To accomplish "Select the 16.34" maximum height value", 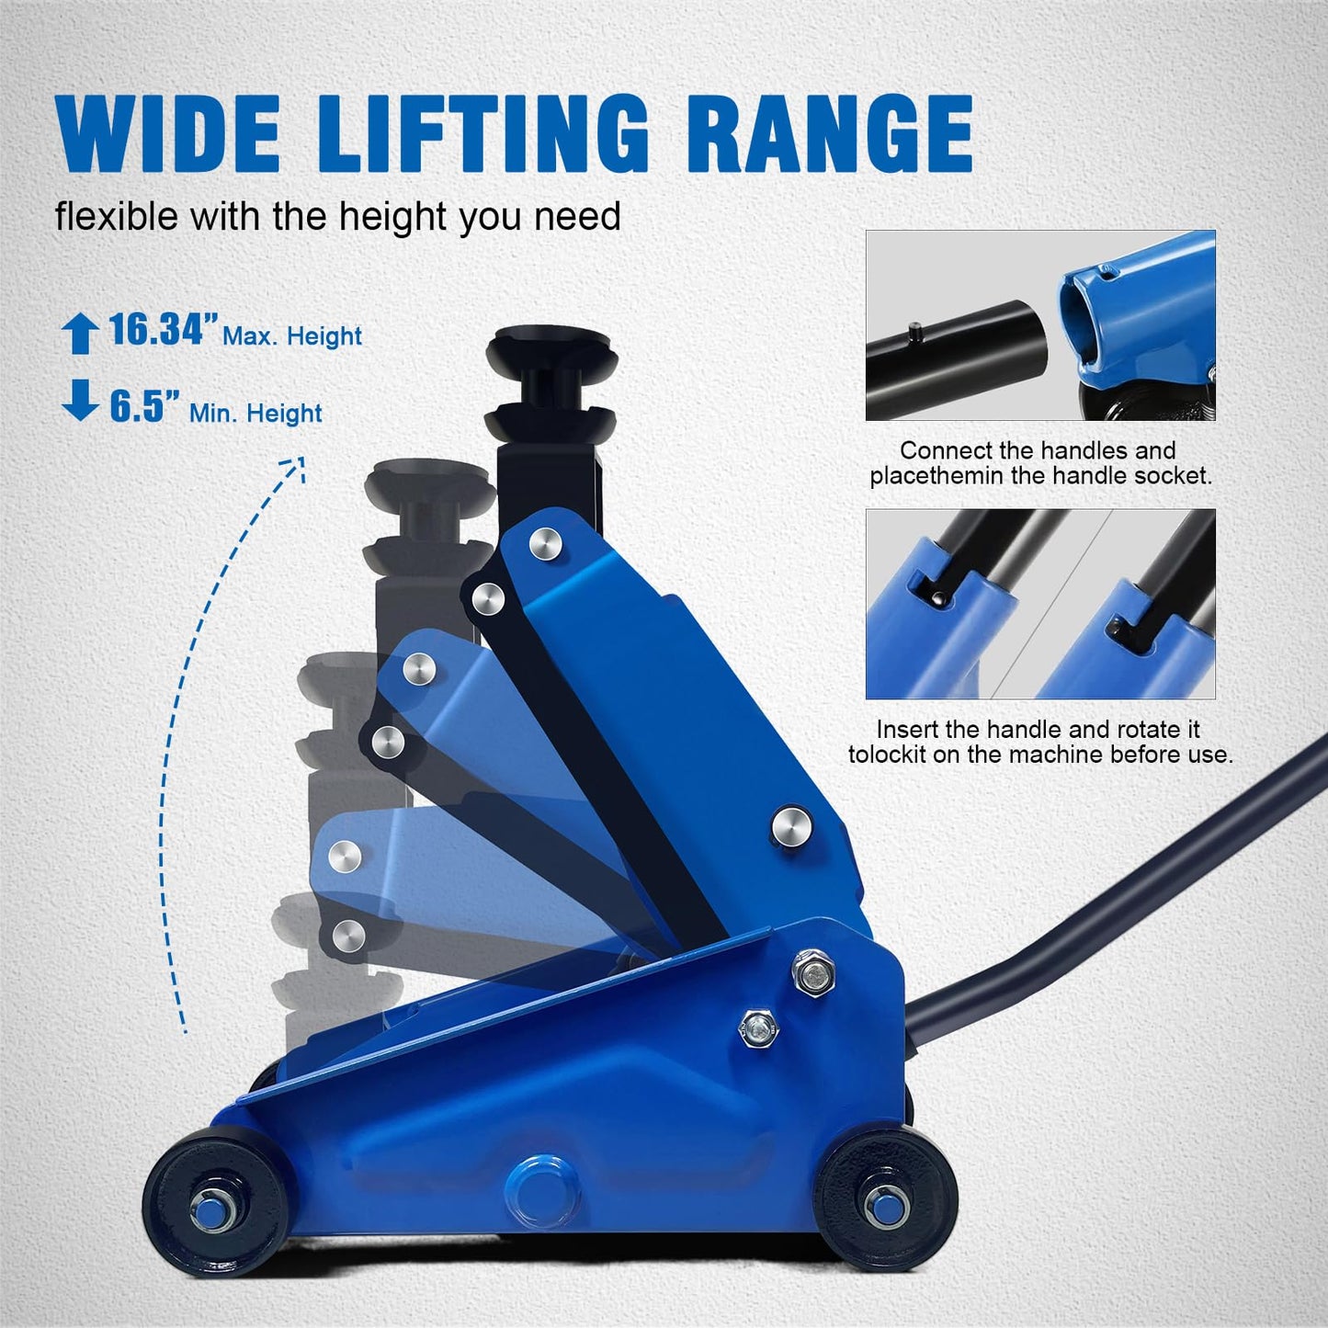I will [x=164, y=330].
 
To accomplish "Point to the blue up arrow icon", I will [x=79, y=333].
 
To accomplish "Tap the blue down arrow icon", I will [x=80, y=401].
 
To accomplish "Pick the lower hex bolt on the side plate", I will [x=759, y=1025].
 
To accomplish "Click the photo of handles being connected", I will [x=1040, y=325].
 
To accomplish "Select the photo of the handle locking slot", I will [x=1040, y=604].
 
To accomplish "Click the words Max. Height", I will [x=292, y=336].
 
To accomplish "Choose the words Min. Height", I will [x=255, y=414].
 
